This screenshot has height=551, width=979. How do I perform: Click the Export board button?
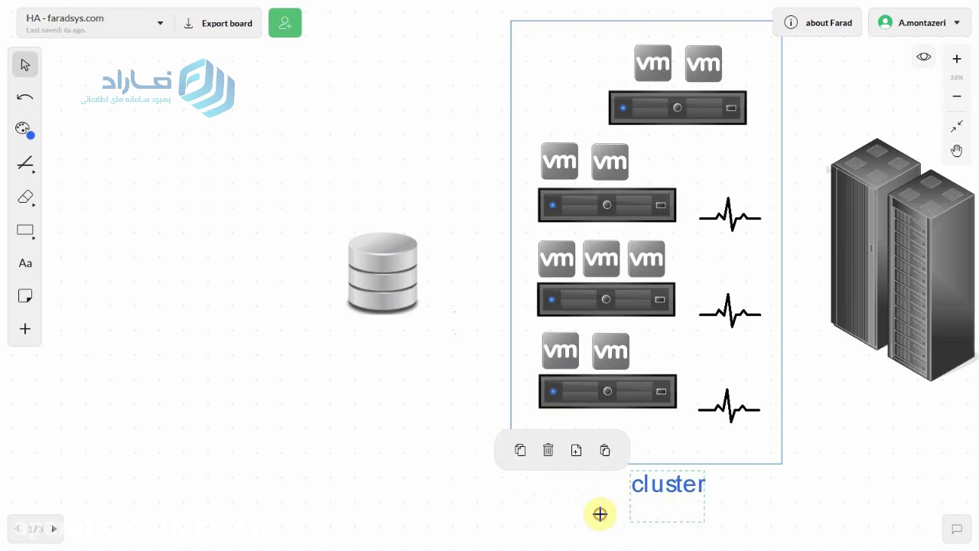218,24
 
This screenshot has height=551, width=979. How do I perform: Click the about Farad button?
818,23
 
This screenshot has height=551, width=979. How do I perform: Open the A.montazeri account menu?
919,23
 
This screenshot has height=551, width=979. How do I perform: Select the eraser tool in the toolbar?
25,197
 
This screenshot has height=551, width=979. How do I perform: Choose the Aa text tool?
25,263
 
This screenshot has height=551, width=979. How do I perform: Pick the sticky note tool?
25,296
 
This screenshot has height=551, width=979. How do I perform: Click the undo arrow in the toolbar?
25,97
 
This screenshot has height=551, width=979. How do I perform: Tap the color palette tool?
24,129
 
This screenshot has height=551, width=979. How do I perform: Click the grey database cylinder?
382,272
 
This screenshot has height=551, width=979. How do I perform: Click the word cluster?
668,484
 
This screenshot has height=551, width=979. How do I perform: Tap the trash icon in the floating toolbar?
548,450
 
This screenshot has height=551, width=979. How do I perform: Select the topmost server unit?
677,108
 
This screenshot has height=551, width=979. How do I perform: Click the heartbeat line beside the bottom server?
729,406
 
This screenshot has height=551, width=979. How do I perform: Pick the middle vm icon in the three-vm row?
601,259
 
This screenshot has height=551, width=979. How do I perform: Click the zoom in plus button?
957,59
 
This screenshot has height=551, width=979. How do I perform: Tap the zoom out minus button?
957,96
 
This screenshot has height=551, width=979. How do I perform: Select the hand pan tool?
957,150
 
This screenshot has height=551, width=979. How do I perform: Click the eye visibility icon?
924,57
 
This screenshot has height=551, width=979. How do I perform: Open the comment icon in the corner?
956,529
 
